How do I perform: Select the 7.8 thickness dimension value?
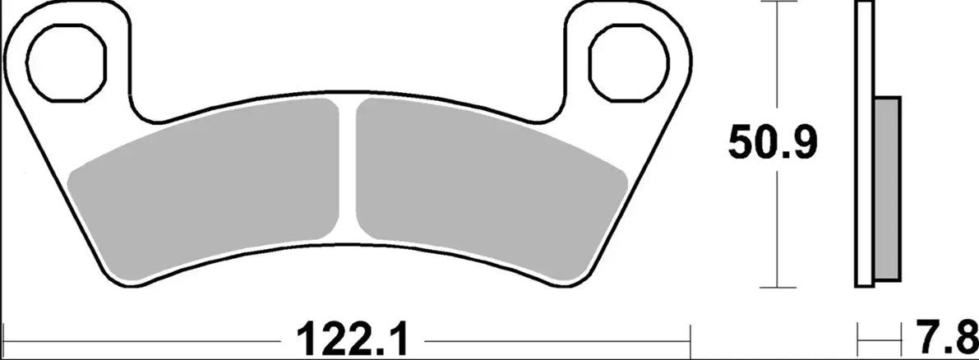[x=951, y=337]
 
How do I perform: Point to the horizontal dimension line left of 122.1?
[x=148, y=337]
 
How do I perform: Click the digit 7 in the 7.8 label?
[x=936, y=337]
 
